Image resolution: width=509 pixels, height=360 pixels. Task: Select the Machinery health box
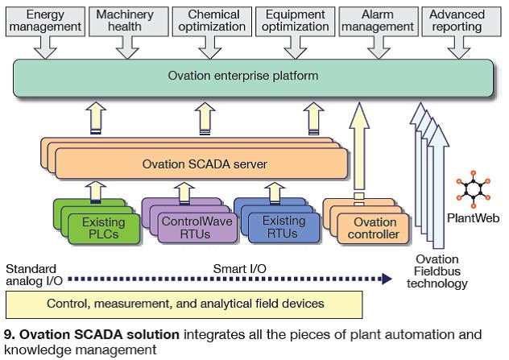tap(125, 21)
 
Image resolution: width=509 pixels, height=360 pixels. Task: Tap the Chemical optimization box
tap(213, 21)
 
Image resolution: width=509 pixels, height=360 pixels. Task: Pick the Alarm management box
tap(376, 21)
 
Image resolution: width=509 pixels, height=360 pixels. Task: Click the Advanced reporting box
tap(457, 21)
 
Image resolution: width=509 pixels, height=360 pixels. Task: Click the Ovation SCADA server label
tap(205, 164)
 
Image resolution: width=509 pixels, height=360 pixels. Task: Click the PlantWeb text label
tap(469, 217)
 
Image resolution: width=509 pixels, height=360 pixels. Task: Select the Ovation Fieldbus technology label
tap(437, 271)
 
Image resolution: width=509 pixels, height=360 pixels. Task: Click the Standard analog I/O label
tap(31, 274)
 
